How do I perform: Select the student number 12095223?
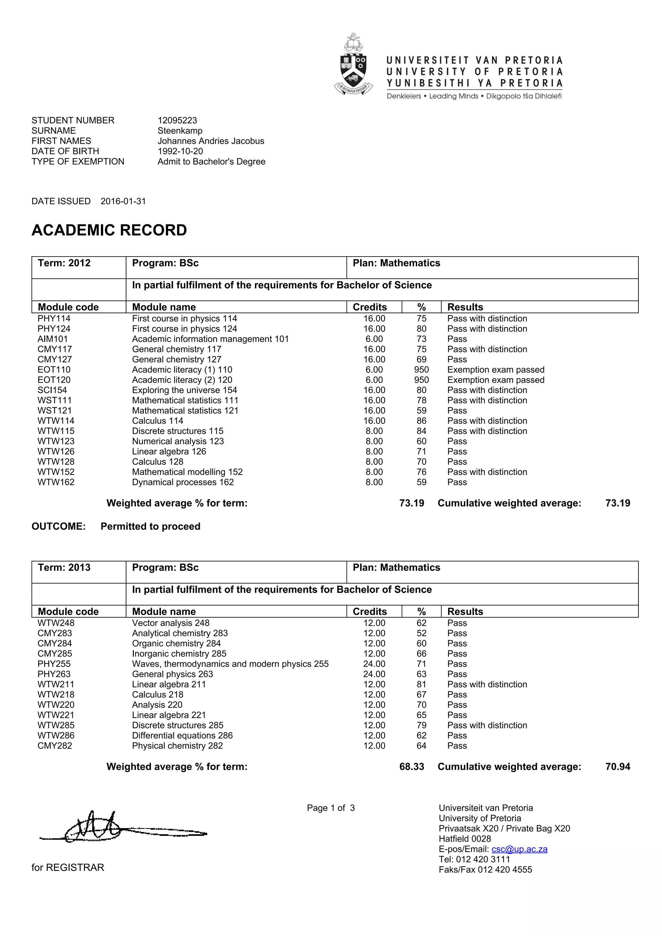pyautogui.click(x=177, y=120)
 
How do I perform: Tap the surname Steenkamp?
pyautogui.click(x=180, y=131)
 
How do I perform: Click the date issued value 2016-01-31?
pyautogui.click(x=123, y=201)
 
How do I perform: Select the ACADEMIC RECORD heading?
pyautogui.click(x=109, y=230)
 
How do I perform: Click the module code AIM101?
pyautogui.click(x=53, y=339)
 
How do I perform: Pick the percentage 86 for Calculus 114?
pyautogui.click(x=422, y=421)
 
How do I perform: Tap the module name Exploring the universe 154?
pyautogui.click(x=184, y=390)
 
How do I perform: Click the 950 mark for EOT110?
pyautogui.click(x=422, y=370)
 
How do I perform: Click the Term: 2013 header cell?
pyautogui.click(x=64, y=568)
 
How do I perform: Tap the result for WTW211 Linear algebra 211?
pyautogui.click(x=487, y=684)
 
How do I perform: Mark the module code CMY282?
pyautogui.click(x=55, y=746)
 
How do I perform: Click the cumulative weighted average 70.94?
pyautogui.click(x=618, y=767)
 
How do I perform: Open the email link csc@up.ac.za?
pyautogui.click(x=519, y=849)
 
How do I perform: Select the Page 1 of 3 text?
pyautogui.click(x=331, y=808)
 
